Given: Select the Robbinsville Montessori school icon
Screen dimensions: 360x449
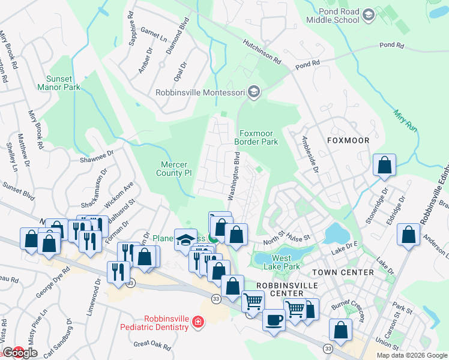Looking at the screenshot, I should (x=254, y=92).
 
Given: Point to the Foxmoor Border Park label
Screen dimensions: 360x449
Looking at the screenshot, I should (x=259, y=137).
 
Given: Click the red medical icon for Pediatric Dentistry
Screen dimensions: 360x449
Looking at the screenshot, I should (x=196, y=324).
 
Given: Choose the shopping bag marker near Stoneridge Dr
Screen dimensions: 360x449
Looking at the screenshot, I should (x=384, y=165).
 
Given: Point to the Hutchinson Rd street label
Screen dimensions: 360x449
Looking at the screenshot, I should (x=262, y=52).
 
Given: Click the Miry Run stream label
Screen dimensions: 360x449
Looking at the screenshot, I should (x=406, y=118).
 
